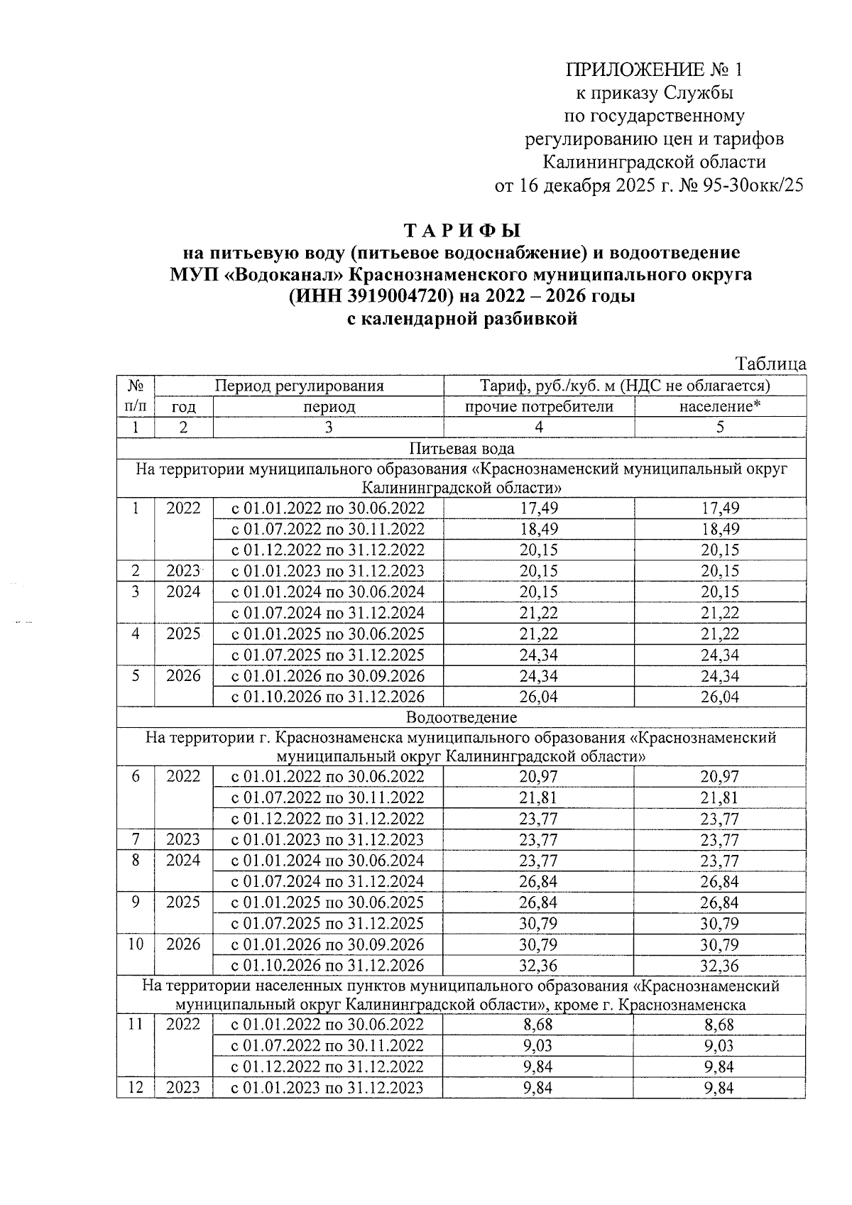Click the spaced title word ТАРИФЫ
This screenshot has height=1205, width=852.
[x=462, y=231]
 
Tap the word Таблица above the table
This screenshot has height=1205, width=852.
[x=770, y=364]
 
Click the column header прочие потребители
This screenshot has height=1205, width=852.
[x=538, y=407]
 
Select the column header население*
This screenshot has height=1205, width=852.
[x=720, y=407]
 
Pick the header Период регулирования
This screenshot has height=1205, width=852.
[x=299, y=386]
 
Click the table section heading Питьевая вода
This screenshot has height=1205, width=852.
[x=461, y=448]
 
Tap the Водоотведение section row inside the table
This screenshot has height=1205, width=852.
[x=461, y=717]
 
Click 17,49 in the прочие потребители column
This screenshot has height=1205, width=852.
[x=538, y=508]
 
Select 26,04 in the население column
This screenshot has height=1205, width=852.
[x=720, y=697]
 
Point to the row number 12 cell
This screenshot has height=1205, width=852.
[x=136, y=1087]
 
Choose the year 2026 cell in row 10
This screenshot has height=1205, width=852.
[x=183, y=944]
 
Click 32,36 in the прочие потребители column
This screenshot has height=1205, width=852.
[x=538, y=966]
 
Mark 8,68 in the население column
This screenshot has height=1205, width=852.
[x=720, y=1025]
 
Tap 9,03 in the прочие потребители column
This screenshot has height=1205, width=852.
[x=538, y=1046]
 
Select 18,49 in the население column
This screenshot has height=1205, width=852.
[x=720, y=530]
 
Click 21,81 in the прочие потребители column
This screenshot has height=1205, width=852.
[x=538, y=797]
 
